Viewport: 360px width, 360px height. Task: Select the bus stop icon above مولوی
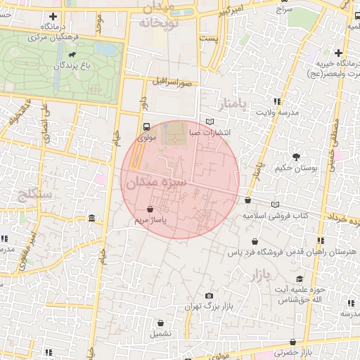tap(146, 127)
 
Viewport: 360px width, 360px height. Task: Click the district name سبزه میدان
tap(156, 184)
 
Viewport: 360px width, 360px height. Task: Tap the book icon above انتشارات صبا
tap(209, 121)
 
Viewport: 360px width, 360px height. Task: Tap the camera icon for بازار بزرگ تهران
tap(209, 296)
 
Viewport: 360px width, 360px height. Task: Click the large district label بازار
tap(259, 276)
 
